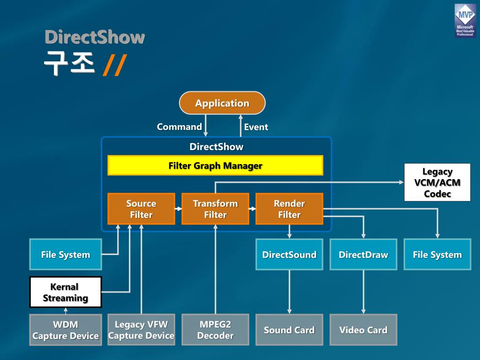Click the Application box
[222, 103]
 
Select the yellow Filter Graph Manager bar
[215, 165]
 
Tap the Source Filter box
[141, 209]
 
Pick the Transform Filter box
[215, 209]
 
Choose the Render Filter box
[289, 209]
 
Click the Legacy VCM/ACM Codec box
[437, 182]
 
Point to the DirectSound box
[289, 255]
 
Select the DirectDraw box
[363, 255]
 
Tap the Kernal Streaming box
[66, 292]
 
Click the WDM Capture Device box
[66, 330]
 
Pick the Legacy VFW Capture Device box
[141, 330]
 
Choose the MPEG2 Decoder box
[215, 330]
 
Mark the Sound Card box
[289, 330]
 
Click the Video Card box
[363, 330]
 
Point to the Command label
[179, 127]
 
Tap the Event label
[256, 127]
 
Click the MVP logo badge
[465, 21]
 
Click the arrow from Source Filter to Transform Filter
[178, 209]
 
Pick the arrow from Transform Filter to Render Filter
[252, 209]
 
